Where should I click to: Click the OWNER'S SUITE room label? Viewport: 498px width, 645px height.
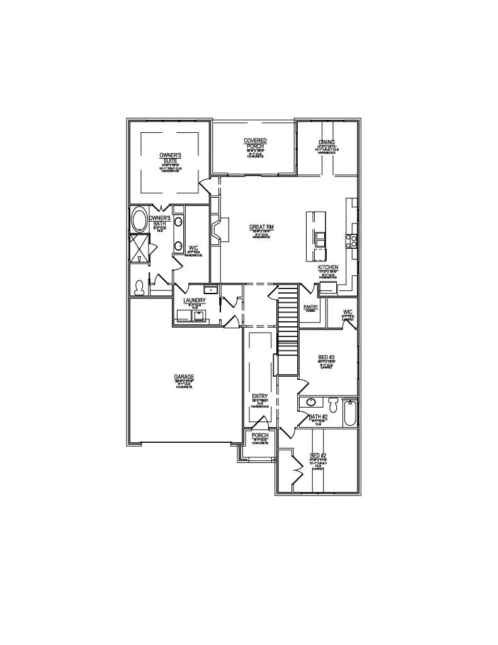click(169, 158)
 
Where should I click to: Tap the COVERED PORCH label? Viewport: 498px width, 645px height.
click(255, 144)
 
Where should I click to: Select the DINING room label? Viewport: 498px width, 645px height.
click(327, 142)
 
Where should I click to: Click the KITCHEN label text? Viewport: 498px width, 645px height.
click(328, 268)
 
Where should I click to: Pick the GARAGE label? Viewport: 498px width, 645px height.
click(184, 377)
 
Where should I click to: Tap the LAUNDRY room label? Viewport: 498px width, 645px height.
click(195, 301)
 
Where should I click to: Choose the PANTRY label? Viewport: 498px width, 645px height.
click(310, 307)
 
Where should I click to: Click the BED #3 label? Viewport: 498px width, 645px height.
click(326, 357)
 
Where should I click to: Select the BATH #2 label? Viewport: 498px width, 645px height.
click(318, 417)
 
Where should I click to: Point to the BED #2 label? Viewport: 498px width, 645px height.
click(318, 455)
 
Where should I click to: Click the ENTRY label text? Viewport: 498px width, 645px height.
click(260, 396)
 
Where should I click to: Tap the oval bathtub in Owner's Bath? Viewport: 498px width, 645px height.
click(139, 220)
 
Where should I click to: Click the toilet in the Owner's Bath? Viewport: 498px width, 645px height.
click(139, 287)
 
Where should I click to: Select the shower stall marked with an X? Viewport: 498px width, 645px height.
click(138, 248)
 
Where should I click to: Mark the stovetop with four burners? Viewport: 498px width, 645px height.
click(351, 240)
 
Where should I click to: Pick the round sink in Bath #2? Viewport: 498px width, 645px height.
click(311, 402)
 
